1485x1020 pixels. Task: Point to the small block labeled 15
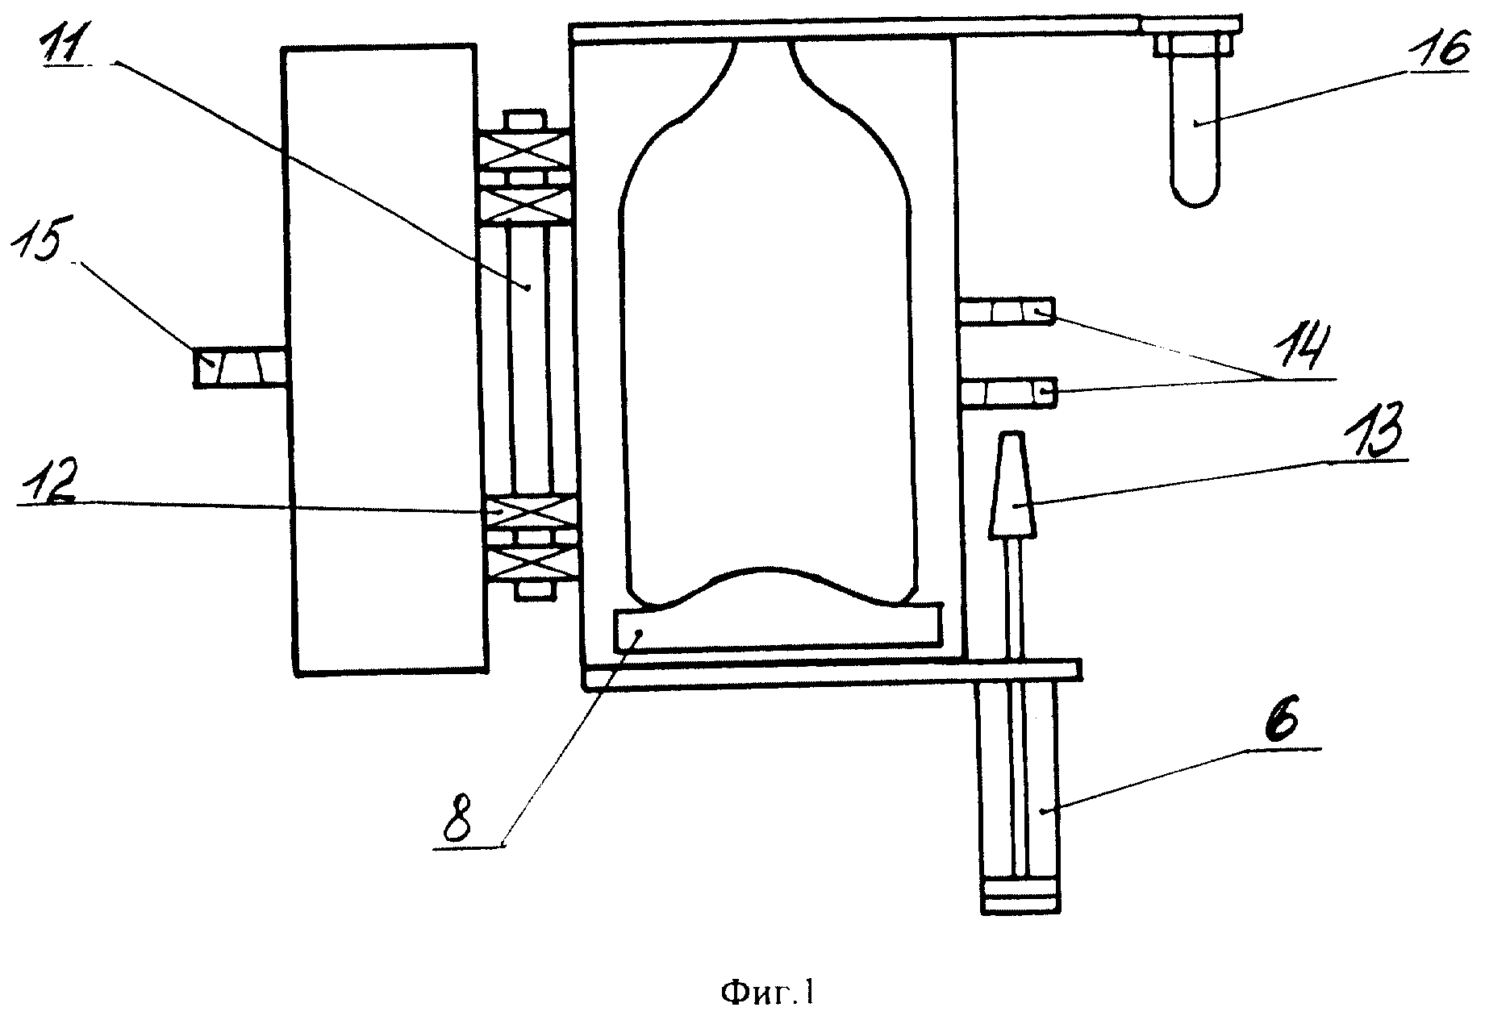[239, 368]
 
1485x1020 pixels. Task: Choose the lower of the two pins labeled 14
[1007, 393]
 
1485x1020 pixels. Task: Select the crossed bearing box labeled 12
[528, 511]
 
